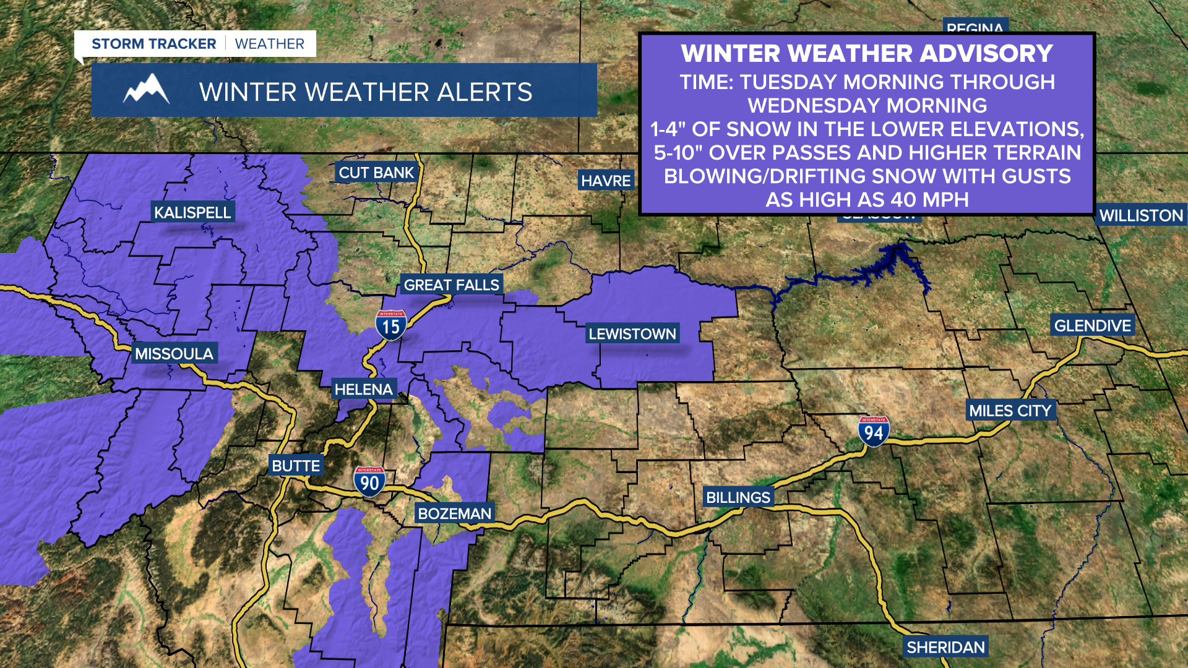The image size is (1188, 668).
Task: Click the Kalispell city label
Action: pos(192,213)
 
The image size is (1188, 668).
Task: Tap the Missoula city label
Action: pos(174,354)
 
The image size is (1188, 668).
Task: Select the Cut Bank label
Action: pos(376,173)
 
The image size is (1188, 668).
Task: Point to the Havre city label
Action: pos(606,181)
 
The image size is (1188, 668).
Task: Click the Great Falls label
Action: pos(451,285)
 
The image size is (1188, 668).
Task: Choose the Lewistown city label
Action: pos(632,334)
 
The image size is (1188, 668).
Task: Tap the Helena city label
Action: pos(363,390)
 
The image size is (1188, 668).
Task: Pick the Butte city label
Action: pos(296,466)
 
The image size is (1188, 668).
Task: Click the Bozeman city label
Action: pos(454,514)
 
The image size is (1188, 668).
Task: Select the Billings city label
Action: pos(738,497)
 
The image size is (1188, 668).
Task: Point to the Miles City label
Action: pos(1010,411)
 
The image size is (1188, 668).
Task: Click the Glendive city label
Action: pos(1092,326)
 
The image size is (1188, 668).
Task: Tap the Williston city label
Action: pos(1141,216)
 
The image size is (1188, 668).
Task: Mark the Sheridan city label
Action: pos(945,648)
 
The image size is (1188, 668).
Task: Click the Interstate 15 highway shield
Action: pos(391,325)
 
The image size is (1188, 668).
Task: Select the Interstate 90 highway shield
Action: pos(369,482)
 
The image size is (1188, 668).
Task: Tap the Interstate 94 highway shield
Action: pos(874,432)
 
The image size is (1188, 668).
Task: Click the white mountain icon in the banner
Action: pos(147,90)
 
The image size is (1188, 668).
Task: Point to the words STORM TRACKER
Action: pos(153,44)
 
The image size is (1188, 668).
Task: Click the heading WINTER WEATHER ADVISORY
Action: pos(867,54)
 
